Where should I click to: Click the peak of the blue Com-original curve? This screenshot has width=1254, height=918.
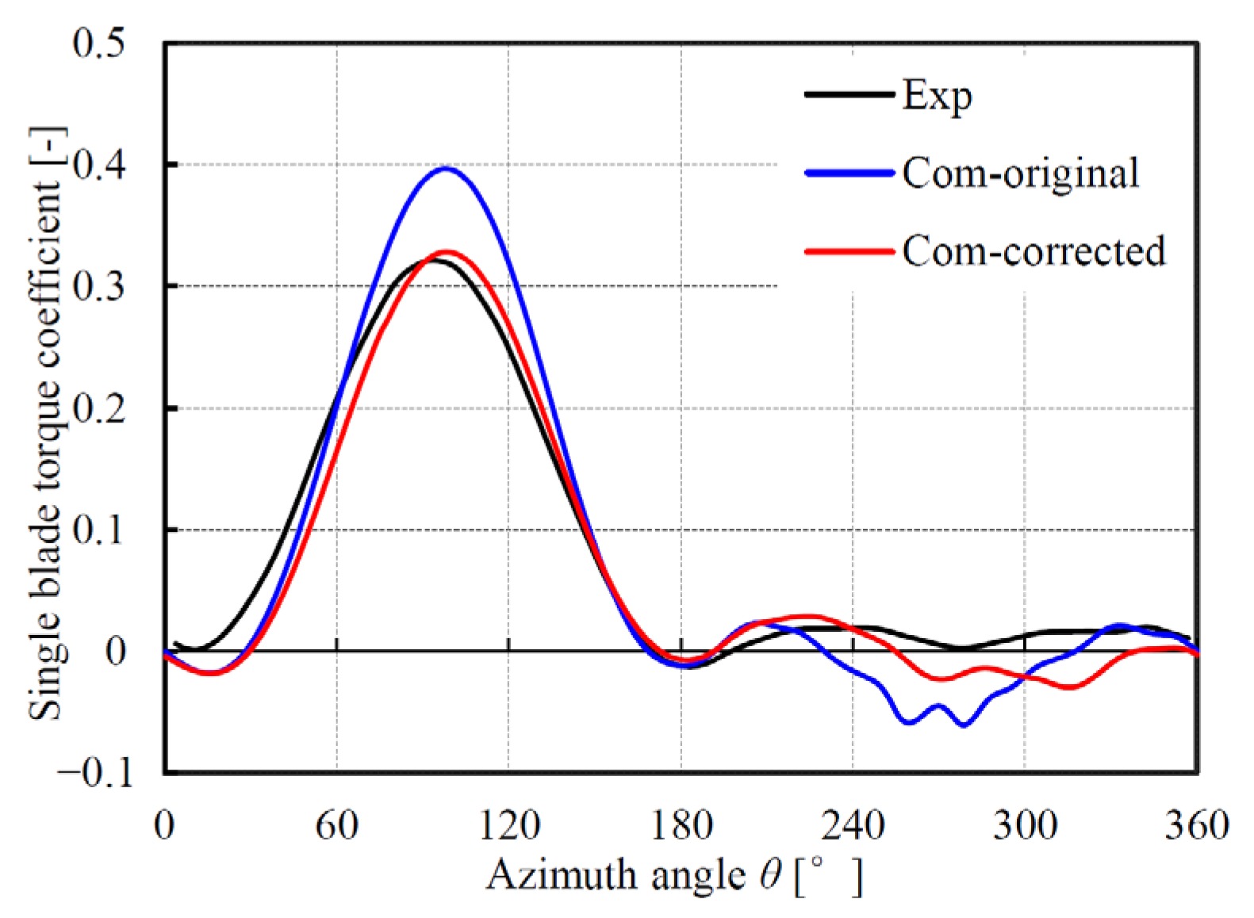click(x=447, y=168)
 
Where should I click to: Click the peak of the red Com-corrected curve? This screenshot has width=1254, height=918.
click(x=446, y=252)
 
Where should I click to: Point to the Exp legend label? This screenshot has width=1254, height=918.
click(x=937, y=97)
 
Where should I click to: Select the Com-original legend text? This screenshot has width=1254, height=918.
click(x=1020, y=173)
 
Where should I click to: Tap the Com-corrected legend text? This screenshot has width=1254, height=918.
click(x=1033, y=251)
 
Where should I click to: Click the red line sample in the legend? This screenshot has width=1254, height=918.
click(x=849, y=251)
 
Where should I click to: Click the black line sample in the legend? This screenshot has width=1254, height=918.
click(x=849, y=94)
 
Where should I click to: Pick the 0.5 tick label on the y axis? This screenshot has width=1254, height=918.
click(x=98, y=43)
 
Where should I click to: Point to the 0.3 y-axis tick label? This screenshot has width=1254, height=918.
click(x=98, y=286)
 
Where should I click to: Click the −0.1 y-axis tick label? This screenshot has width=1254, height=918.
click(x=94, y=773)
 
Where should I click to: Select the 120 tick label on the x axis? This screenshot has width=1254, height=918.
click(x=508, y=825)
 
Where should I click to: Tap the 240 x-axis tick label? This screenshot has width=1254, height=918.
click(x=853, y=825)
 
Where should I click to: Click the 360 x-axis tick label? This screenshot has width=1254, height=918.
click(x=1196, y=825)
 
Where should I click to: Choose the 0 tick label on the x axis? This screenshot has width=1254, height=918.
click(x=164, y=825)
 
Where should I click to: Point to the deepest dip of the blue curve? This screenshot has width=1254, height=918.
click(x=964, y=725)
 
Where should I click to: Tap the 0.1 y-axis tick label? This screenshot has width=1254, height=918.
click(x=98, y=530)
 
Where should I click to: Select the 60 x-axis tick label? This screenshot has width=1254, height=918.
click(x=336, y=825)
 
